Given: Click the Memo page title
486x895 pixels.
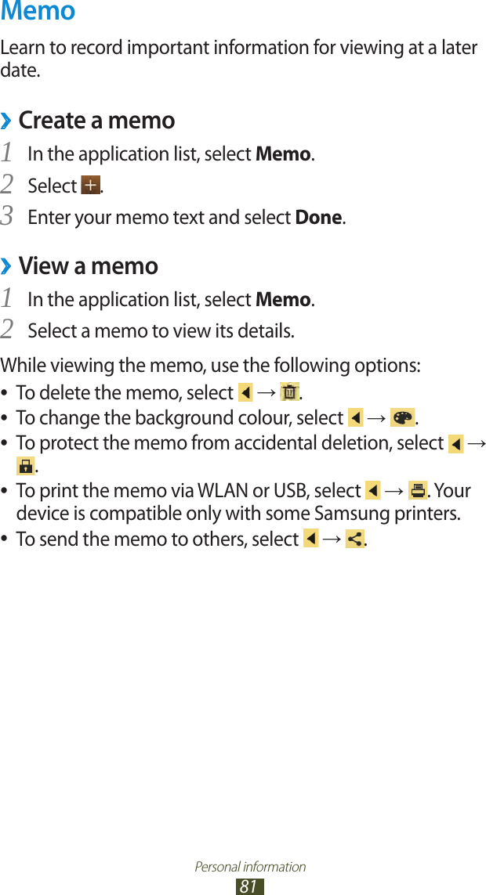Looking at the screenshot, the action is (38, 12).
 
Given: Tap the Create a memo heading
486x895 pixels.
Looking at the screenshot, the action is (96, 121).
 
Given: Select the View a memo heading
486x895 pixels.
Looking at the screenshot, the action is (88, 266).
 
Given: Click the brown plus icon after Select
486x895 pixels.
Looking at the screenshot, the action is (90, 186).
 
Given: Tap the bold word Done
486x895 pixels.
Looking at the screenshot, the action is (318, 217).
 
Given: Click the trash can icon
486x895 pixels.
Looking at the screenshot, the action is (289, 392).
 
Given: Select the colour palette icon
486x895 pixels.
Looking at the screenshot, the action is (402, 417).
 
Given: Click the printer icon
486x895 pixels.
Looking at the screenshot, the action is (417, 491).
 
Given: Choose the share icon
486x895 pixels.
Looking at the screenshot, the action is (354, 540).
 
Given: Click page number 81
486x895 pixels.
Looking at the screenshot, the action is (248, 886).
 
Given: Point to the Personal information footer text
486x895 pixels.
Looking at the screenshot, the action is (250, 867).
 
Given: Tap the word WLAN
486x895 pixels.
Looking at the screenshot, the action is (230, 491).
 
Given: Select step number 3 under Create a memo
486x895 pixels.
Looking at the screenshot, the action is (8, 216).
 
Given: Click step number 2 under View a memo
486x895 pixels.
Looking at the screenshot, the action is (8, 330).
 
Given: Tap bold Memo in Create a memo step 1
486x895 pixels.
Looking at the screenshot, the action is (283, 154).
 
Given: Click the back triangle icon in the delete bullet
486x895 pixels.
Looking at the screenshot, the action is (245, 392).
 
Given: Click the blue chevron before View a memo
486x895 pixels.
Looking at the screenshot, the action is (6, 267).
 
